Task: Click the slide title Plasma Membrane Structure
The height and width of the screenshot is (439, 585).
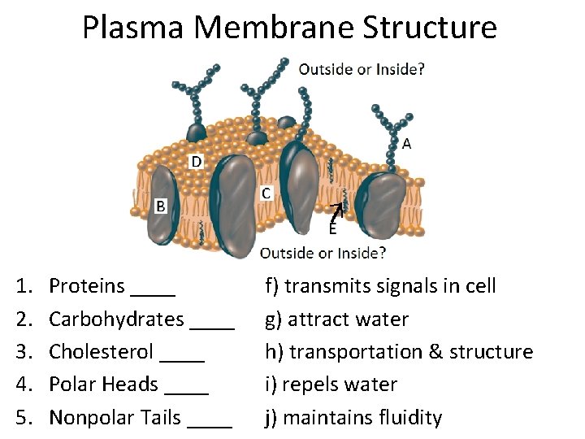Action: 289,27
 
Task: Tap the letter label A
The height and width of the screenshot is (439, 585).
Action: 406,144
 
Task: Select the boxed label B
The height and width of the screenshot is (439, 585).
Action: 161,206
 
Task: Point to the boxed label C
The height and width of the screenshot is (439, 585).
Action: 266,193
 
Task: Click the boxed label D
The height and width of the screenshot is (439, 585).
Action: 196,162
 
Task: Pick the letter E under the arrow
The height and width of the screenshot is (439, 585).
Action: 332,230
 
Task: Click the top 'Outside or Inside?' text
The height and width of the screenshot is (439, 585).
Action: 362,69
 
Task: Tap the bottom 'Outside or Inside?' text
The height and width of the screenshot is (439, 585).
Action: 323,254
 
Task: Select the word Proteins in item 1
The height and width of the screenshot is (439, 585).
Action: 87,286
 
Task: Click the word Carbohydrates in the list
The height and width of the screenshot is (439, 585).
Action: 116,319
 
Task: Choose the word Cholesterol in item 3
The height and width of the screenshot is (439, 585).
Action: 101,352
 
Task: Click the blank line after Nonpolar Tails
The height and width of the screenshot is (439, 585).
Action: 209,424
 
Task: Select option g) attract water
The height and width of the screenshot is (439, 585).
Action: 337,319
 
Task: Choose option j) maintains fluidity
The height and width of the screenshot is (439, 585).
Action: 354,418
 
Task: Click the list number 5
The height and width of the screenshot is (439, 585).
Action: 23,418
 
